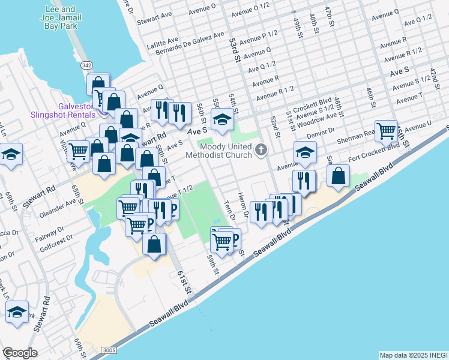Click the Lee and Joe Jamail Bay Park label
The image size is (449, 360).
(60, 17)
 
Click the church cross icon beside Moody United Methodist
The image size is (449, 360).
(261, 149)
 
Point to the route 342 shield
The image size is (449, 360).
(87, 64)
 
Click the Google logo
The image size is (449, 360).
(20, 353)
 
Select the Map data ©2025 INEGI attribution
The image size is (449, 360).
(413, 355)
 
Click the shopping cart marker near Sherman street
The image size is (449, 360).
(387, 130)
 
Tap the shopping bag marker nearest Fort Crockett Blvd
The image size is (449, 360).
(339, 175)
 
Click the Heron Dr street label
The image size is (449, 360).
(243, 205)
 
